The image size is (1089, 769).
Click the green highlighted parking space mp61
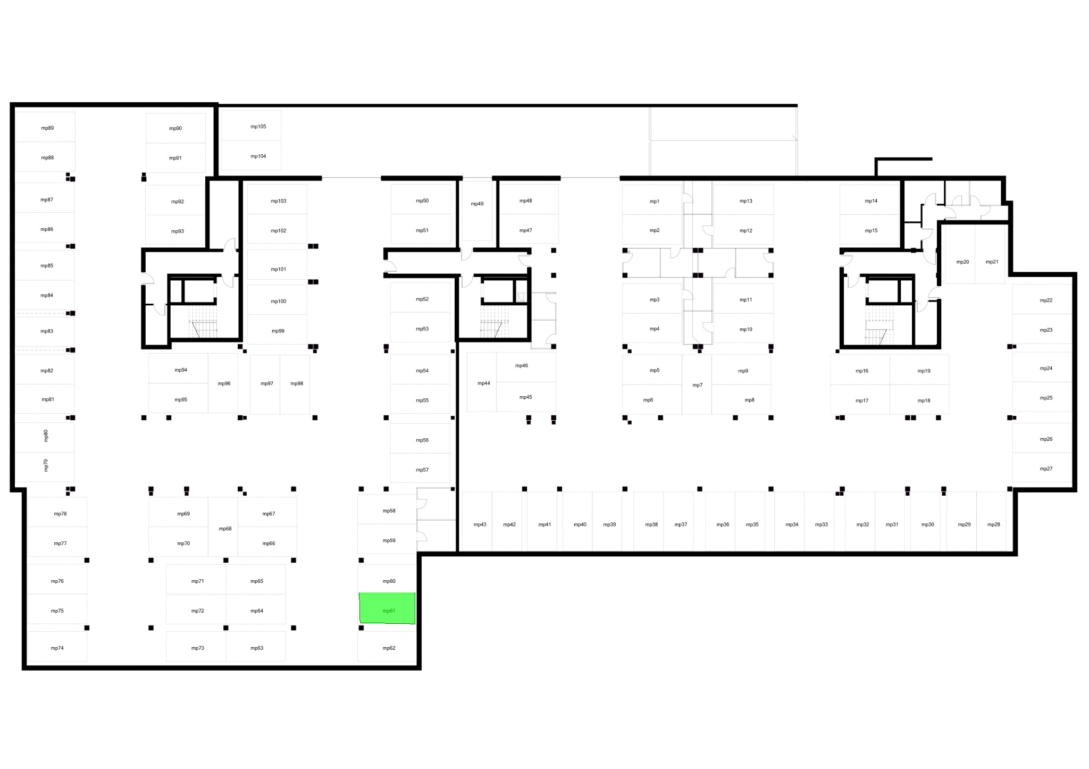387,608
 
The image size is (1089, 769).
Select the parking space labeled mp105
251,126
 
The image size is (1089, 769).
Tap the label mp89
47,128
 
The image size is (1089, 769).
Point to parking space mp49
477,211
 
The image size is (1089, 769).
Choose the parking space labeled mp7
697,384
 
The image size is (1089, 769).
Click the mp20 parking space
960,254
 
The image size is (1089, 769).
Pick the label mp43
480,525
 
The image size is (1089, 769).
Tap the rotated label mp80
46,436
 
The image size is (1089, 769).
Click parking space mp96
223,383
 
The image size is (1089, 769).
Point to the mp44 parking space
482,382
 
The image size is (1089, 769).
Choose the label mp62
389,648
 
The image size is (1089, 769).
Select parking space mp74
57,647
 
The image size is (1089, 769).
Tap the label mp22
1046,300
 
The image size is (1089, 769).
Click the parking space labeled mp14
869,199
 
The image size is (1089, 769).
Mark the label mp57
422,470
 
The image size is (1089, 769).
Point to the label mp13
746,201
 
